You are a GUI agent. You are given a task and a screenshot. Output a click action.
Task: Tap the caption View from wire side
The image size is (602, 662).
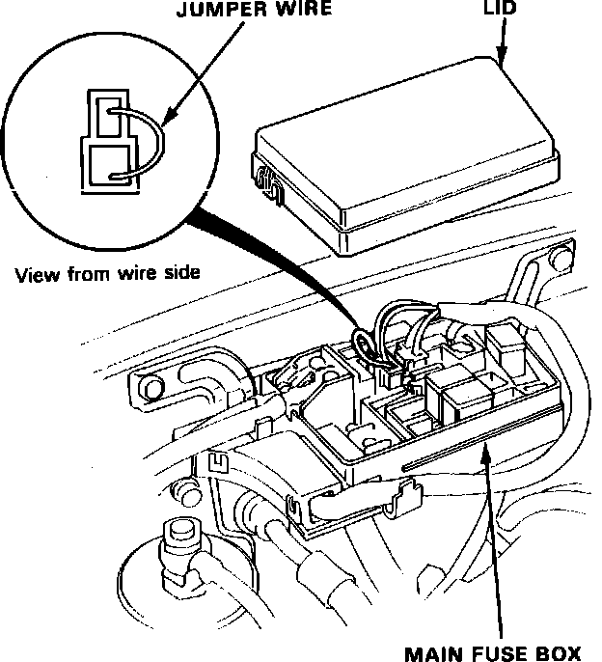107,272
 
